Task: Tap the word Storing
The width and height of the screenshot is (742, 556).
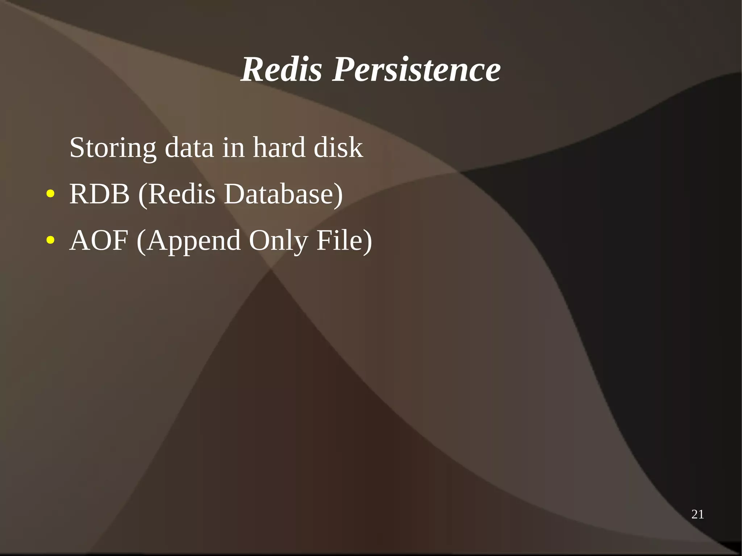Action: (113, 148)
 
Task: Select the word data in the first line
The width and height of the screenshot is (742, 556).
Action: (189, 148)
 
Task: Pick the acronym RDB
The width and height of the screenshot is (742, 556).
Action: (99, 194)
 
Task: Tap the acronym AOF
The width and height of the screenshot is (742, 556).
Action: (99, 240)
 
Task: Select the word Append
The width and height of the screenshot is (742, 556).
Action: (194, 241)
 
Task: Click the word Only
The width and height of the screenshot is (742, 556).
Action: (278, 241)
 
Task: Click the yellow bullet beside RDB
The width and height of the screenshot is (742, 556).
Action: (50, 194)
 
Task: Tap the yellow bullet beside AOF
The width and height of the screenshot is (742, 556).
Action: (50, 240)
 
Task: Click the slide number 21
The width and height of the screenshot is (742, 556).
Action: (697, 514)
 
